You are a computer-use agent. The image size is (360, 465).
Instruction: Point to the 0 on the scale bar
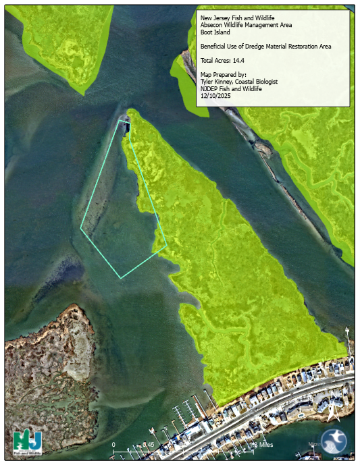(x=113, y=444)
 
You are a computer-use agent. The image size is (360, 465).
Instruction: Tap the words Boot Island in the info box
(x=217, y=31)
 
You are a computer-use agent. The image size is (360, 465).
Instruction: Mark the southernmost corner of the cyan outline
(x=121, y=277)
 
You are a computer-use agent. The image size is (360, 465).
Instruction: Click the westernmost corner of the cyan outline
(x=81, y=228)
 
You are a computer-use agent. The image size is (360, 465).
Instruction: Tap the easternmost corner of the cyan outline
(x=166, y=246)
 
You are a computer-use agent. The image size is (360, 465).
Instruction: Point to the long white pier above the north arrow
(x=347, y=337)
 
